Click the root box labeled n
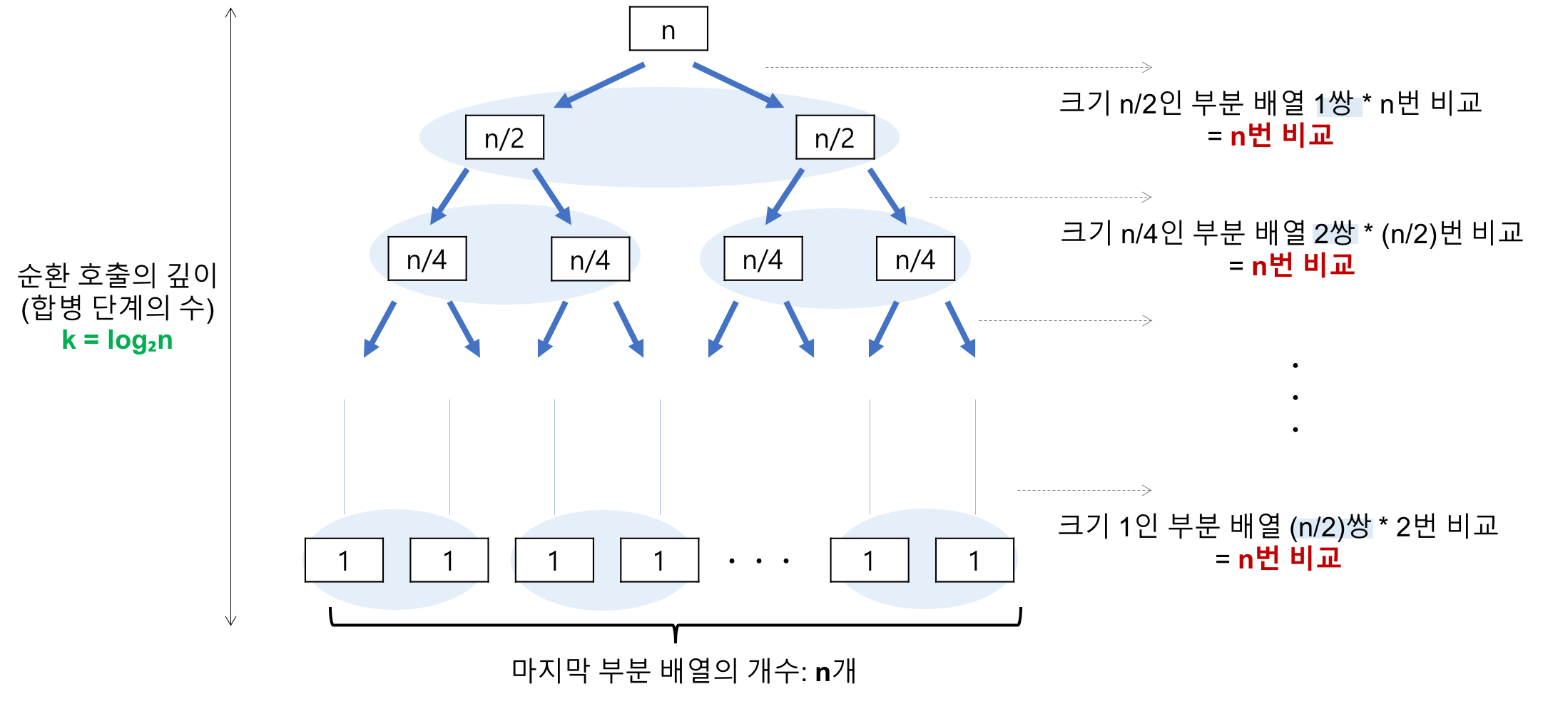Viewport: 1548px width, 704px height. (668, 29)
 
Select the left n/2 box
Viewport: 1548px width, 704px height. (504, 138)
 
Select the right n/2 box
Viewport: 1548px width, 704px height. (835, 138)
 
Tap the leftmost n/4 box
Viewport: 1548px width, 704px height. (427, 259)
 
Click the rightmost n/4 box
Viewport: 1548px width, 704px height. (915, 259)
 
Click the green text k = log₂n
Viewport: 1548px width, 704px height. (117, 340)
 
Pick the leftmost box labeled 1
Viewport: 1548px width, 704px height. (344, 561)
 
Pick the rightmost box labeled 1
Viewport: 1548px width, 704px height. (974, 561)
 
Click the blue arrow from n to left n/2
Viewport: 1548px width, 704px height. (599, 86)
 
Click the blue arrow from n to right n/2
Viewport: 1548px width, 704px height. (738, 86)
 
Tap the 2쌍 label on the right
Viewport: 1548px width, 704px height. (1335, 234)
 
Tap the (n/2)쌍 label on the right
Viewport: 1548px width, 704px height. (1332, 528)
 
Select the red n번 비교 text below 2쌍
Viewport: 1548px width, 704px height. (1303, 265)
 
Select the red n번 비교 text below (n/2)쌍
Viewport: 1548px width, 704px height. (1289, 558)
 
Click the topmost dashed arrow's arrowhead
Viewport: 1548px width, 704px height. (1147, 67)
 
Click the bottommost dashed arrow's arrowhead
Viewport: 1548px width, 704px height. (1146, 490)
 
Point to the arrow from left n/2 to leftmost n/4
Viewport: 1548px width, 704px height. (449, 196)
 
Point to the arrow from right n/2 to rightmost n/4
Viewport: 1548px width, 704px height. (887, 196)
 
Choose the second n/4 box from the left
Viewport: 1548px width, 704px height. (590, 260)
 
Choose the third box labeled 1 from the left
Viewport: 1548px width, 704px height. (554, 561)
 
